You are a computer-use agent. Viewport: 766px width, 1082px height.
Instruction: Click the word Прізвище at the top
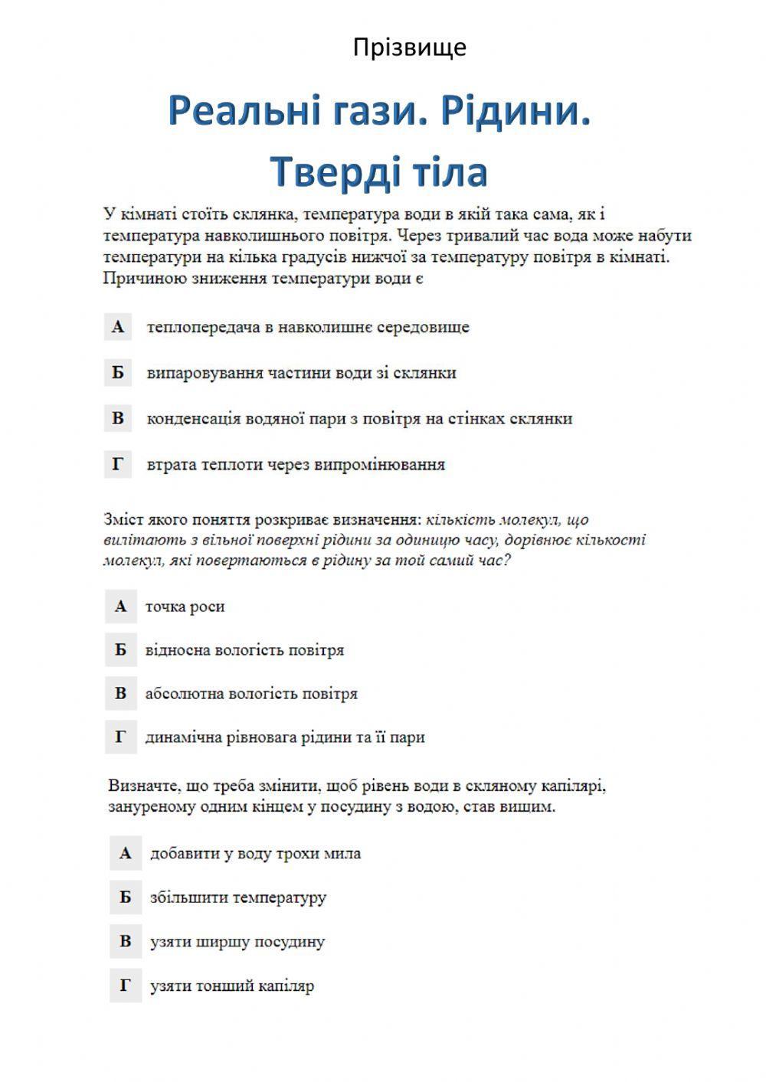click(409, 47)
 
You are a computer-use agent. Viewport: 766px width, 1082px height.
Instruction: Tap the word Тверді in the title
click(331, 171)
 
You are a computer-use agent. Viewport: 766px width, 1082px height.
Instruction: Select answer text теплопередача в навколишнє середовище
click(308, 327)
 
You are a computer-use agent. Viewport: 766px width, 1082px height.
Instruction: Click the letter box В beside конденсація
click(118, 418)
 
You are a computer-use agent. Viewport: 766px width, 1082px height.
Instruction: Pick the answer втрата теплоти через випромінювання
click(296, 464)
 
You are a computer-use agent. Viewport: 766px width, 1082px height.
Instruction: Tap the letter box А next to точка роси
click(120, 606)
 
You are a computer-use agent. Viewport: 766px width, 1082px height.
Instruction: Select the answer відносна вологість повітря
click(244, 650)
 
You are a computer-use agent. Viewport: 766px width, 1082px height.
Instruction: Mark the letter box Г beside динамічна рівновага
click(120, 737)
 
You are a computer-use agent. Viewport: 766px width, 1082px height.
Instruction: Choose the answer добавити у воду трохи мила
click(255, 853)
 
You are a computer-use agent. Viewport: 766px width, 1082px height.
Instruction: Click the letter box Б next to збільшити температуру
click(125, 897)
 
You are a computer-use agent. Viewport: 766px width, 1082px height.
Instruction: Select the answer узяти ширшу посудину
click(237, 941)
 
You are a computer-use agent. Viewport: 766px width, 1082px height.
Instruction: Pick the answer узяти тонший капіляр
click(232, 986)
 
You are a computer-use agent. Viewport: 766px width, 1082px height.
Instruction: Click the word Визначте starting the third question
click(145, 786)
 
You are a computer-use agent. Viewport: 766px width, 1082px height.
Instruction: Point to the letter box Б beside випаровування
click(118, 373)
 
